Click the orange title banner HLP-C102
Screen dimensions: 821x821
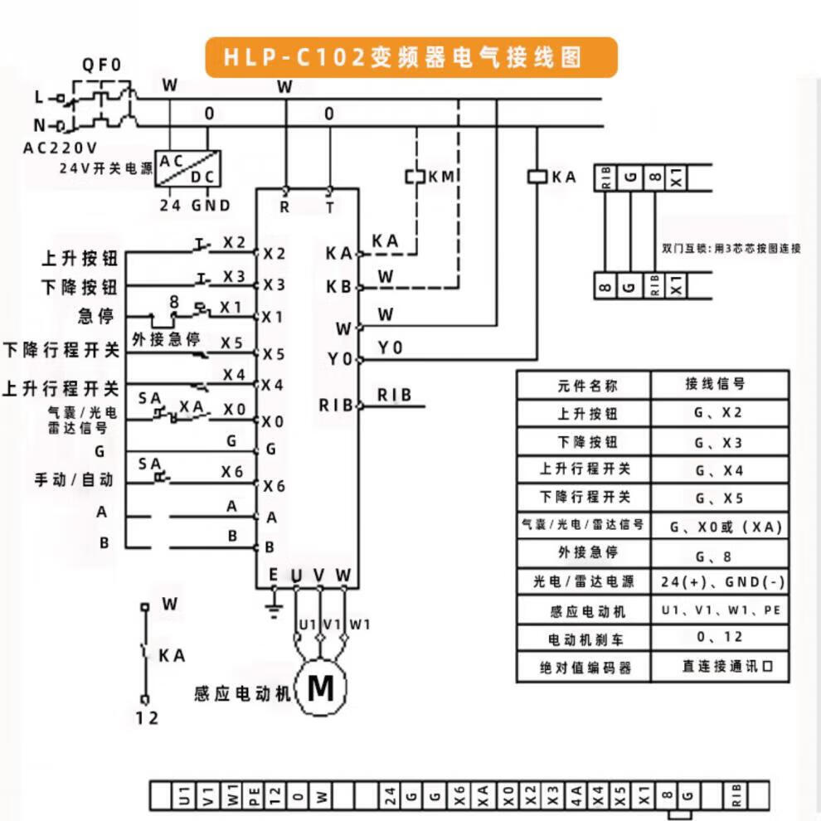point(410,57)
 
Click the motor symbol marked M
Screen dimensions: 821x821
point(320,687)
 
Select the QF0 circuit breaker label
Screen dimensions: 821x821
point(101,65)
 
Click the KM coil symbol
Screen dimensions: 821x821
point(415,177)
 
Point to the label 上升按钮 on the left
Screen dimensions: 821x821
point(80,259)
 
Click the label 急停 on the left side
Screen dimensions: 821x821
point(98,317)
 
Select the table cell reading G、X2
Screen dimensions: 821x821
point(718,413)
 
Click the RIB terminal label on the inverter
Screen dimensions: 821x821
point(335,406)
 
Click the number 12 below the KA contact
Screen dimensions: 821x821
point(146,718)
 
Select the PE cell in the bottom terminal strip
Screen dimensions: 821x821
point(255,796)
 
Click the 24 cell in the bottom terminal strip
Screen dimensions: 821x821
point(390,796)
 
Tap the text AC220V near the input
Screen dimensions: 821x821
point(60,148)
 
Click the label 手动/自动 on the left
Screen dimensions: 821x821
point(74,480)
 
